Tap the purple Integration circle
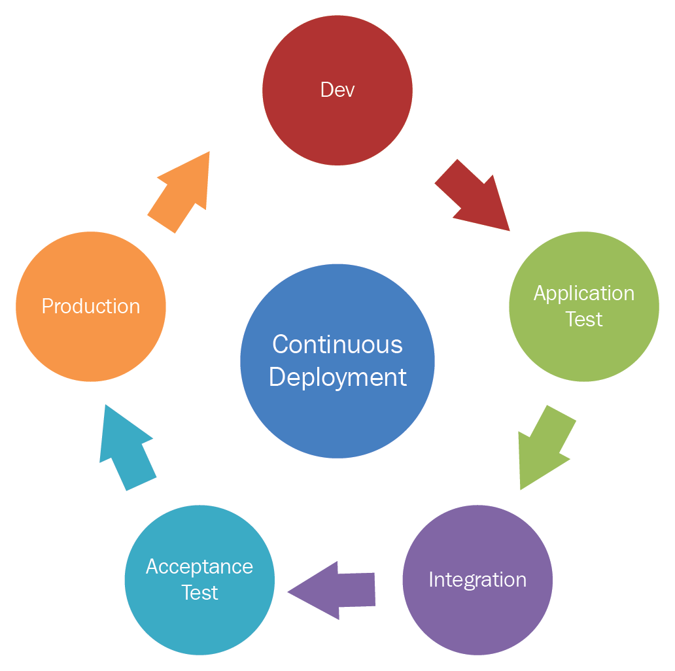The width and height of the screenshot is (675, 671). pos(477,615)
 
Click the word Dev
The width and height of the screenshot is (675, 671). pos(337,90)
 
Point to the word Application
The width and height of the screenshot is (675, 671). pos(584,293)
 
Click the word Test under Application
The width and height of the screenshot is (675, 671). pos(584,319)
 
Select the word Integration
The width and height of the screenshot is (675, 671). pos(477,579)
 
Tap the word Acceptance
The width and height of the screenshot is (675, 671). pos(199,566)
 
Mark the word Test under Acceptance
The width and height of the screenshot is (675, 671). pos(199,593)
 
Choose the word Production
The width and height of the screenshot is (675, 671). pos(91,306)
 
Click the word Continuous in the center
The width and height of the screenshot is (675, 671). pos(337,345)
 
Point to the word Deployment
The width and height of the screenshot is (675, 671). pos(337,377)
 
